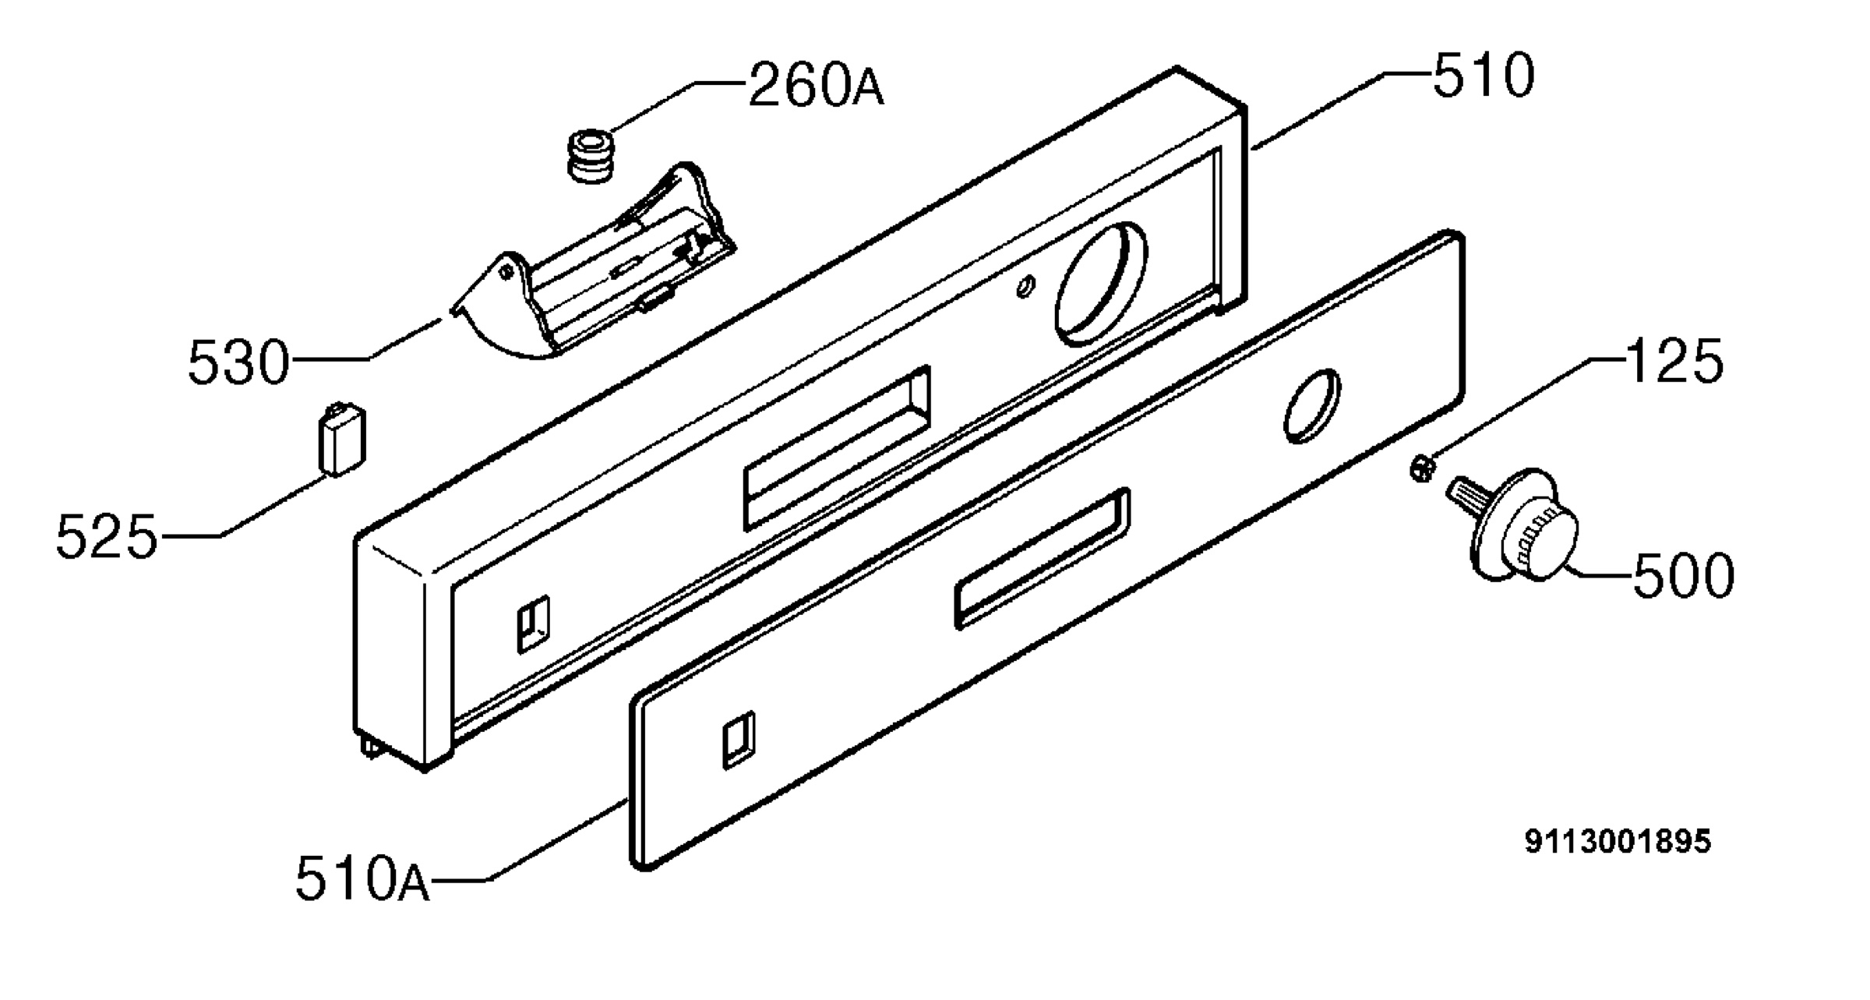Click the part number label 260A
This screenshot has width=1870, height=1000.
(816, 85)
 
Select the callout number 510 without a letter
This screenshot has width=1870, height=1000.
(1484, 76)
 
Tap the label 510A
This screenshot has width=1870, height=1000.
(362, 878)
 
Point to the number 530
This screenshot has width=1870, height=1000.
(238, 362)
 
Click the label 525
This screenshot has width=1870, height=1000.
(107, 537)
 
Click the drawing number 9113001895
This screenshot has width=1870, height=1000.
(1618, 841)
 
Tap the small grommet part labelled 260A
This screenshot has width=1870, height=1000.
(590, 156)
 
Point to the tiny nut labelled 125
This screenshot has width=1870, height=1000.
(1424, 470)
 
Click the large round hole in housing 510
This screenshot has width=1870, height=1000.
(1101, 284)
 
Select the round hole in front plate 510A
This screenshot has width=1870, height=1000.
(1312, 406)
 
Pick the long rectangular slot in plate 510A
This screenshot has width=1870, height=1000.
(1043, 558)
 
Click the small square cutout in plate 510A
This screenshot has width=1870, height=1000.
(739, 740)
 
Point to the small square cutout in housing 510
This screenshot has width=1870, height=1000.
(534, 624)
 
